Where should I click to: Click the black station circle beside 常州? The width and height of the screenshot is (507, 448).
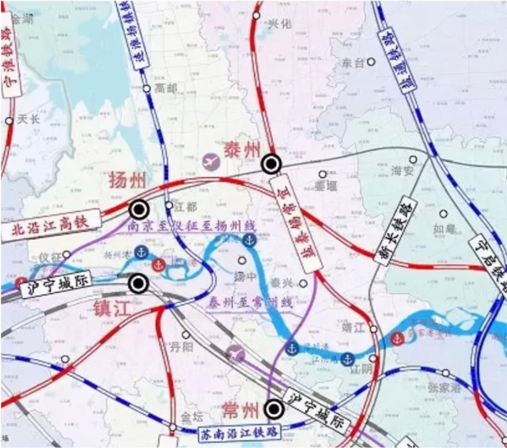click(274, 409)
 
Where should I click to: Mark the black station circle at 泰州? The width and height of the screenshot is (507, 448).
click(272, 164)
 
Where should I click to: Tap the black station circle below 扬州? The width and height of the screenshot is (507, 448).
click(139, 210)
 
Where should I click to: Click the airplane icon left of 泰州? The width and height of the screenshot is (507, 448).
click(211, 161)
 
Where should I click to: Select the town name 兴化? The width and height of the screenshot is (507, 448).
click(280, 24)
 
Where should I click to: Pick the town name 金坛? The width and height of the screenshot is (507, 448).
click(192, 416)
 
